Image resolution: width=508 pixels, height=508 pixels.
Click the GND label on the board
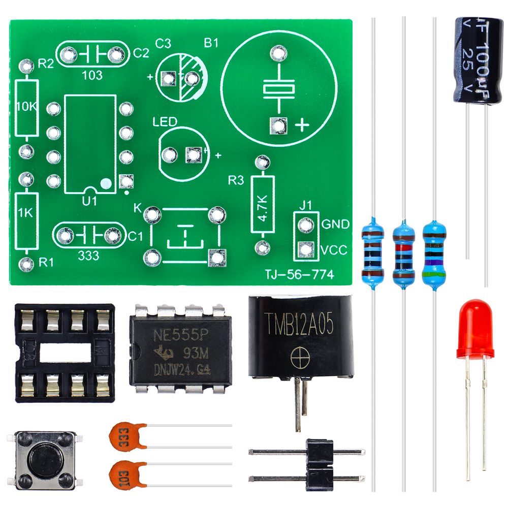click(x=335, y=224)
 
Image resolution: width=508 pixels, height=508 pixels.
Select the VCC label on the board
click(x=334, y=249)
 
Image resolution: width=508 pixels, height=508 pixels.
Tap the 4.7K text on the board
click(x=263, y=208)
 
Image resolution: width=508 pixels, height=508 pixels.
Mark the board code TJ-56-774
click(x=299, y=275)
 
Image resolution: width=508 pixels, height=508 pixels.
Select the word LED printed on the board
click(x=165, y=122)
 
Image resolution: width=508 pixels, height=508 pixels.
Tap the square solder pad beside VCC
click(x=305, y=249)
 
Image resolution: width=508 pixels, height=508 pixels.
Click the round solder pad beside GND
click(x=305, y=224)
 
